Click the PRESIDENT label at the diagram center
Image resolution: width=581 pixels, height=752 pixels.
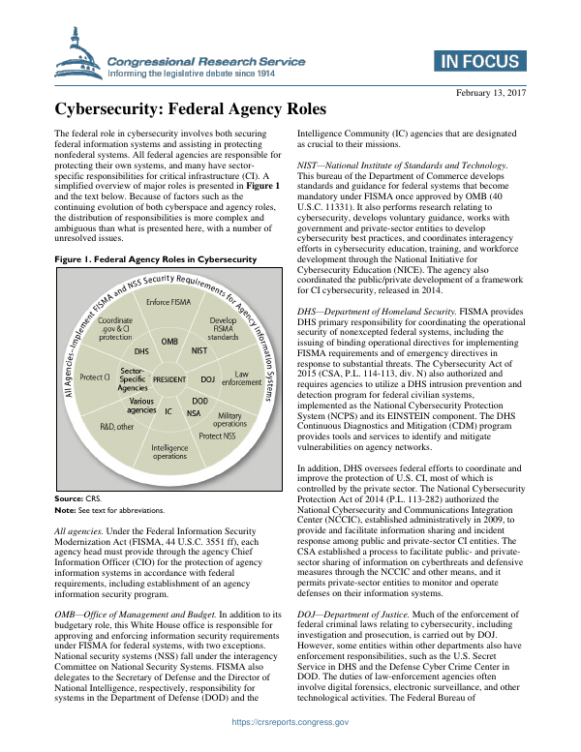[169, 379]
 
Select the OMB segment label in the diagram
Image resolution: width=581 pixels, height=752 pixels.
[169, 342]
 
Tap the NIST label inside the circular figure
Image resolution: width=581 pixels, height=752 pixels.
[199, 350]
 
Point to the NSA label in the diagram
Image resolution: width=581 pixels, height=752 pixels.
[194, 412]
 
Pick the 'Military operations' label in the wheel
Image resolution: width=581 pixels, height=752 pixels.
[229, 420]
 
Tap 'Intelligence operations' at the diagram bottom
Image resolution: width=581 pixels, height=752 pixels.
[169, 451]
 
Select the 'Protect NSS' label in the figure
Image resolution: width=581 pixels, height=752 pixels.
[216, 436]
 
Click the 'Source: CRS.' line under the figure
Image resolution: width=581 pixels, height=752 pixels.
[76, 497]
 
